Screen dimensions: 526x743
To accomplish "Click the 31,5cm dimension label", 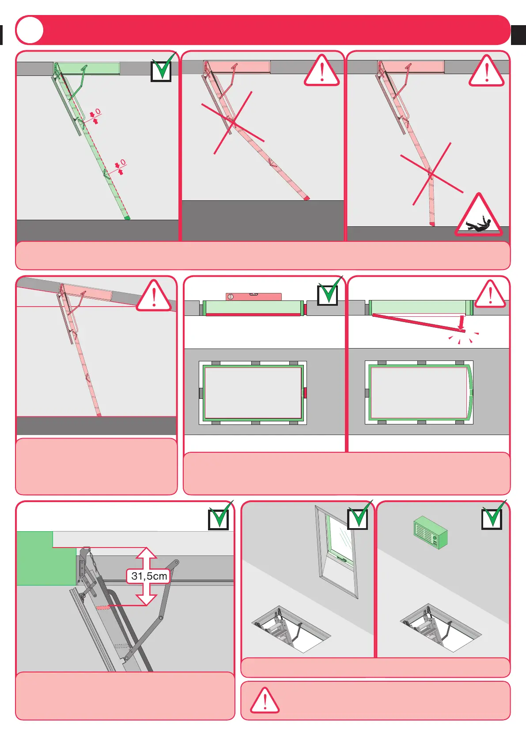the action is pos(149,576).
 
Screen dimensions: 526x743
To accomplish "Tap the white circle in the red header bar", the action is pos(30,30).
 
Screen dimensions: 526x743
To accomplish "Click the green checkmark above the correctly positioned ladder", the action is pos(162,69).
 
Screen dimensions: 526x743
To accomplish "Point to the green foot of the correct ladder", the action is pos(127,217).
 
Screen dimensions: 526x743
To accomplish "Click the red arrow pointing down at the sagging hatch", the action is pos(461,322).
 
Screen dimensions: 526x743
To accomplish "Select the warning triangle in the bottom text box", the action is pos(265,701).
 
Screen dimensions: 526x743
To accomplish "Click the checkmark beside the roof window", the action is pos(358,517).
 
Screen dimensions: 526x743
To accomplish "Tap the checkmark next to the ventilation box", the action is pos(492,516).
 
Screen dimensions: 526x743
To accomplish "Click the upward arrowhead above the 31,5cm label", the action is pos(146,554).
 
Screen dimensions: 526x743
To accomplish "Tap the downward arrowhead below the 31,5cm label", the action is pos(146,599).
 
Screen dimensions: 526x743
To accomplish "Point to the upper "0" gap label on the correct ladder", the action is pos(98,112).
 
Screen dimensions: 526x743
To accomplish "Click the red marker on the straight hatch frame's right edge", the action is pos(305,393).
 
